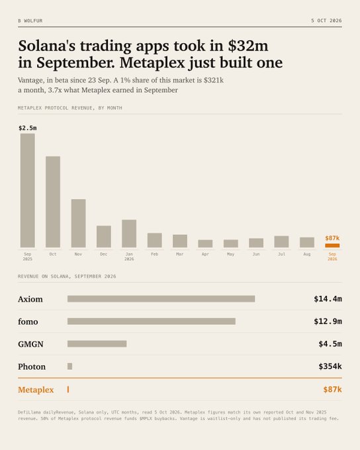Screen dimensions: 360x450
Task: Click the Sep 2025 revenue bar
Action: (28, 191)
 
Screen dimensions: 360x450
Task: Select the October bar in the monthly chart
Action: (53, 202)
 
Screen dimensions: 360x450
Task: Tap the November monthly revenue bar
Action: (78, 223)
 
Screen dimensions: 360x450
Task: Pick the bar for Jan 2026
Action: (129, 234)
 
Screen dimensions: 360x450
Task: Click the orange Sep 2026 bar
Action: (332, 246)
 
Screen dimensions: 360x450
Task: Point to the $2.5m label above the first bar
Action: (28, 128)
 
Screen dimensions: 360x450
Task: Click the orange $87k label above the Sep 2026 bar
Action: (332, 238)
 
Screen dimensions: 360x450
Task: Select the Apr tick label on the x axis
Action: (205, 254)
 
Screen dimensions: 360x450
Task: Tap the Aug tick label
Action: (307, 254)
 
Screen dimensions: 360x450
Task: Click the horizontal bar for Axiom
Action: (161, 298)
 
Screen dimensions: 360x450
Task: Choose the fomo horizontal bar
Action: (152, 321)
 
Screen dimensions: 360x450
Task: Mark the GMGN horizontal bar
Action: (97, 343)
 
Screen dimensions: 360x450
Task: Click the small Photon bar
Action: (69, 366)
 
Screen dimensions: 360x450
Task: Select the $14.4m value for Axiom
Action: (328, 299)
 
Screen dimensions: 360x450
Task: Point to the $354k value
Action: (330, 367)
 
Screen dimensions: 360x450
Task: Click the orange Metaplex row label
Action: (36, 390)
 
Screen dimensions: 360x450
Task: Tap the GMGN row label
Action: (30, 344)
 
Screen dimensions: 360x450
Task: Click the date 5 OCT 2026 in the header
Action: (326, 21)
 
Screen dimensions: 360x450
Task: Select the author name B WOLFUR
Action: (30, 21)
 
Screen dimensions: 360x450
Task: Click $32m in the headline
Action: (248, 46)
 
